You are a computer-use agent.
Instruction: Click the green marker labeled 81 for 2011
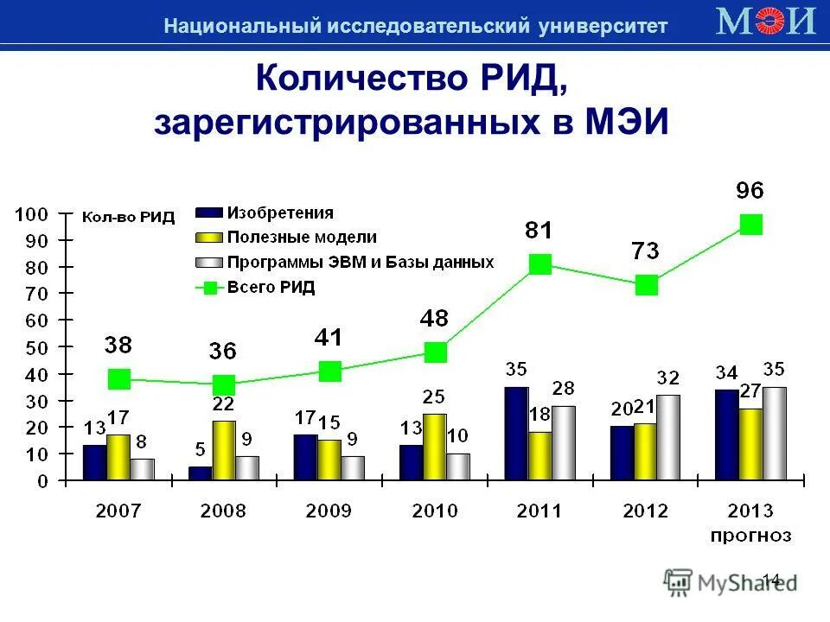[x=540, y=264]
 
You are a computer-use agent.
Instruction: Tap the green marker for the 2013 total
[x=751, y=225]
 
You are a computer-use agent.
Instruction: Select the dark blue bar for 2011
[x=517, y=433]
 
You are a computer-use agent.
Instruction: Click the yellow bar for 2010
[x=435, y=447]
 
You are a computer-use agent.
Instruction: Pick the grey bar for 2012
[x=668, y=437]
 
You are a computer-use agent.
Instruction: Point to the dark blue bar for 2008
[x=200, y=473]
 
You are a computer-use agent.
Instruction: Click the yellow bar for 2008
[x=223, y=450]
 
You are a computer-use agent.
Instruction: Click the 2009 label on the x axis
[x=329, y=511]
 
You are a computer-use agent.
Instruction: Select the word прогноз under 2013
[x=750, y=536]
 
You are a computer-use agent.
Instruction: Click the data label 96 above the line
[x=750, y=191]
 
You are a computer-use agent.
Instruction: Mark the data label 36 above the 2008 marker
[x=223, y=352]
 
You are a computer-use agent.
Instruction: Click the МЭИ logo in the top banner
[x=766, y=20]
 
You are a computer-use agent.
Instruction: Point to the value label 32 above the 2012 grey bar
[x=667, y=378]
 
